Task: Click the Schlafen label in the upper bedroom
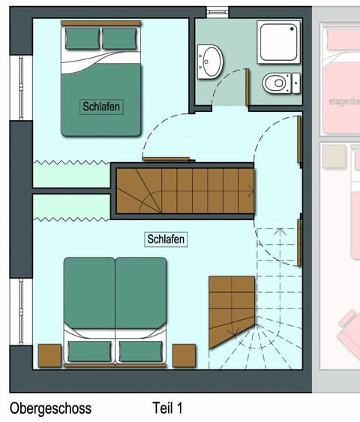(100, 107)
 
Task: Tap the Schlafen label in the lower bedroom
(166, 239)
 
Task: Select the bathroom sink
(211, 60)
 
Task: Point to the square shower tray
(278, 41)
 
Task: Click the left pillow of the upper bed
(82, 38)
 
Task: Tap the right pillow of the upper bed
(120, 38)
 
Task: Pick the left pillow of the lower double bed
(88, 351)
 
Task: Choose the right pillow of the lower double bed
(140, 351)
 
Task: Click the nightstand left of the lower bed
(49, 355)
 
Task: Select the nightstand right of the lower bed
(184, 355)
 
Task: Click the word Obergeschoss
(50, 408)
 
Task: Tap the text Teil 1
(167, 408)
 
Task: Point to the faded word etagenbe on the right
(344, 101)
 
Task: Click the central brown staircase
(184, 191)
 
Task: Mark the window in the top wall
(217, 12)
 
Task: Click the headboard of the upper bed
(101, 24)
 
